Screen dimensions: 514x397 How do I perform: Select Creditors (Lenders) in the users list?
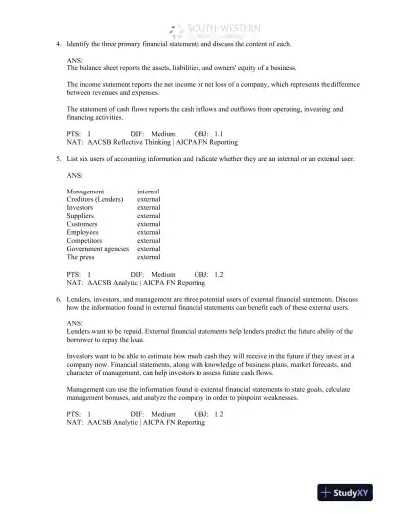click(94, 199)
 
